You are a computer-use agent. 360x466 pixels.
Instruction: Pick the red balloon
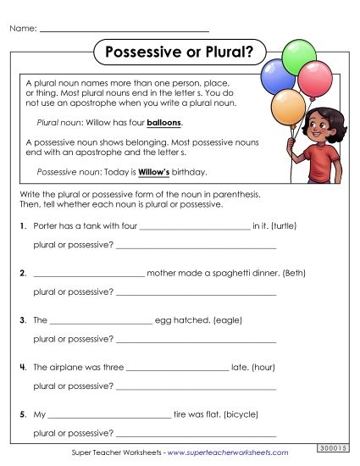pyautogui.click(x=316, y=78)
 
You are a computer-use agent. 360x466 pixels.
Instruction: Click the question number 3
pyautogui.click(x=20, y=321)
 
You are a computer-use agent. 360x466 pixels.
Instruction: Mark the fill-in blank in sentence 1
pyautogui.click(x=194, y=229)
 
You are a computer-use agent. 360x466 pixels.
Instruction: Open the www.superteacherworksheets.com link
pyautogui.click(x=228, y=453)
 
